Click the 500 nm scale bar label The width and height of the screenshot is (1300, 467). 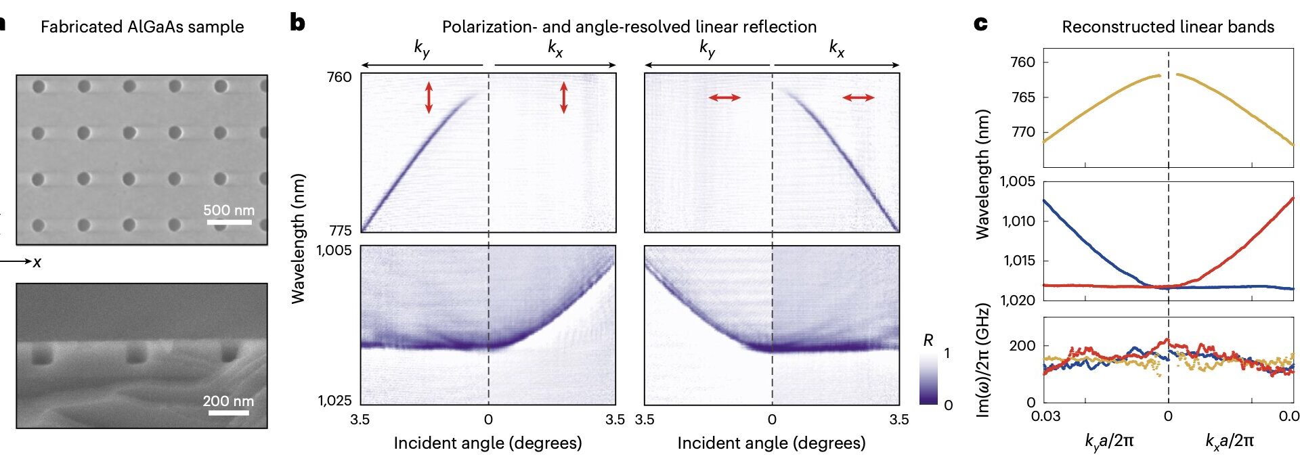(229, 210)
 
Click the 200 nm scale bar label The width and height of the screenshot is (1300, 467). (228, 401)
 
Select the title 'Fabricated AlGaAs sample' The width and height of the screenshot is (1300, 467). (142, 27)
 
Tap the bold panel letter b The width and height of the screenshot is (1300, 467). (297, 24)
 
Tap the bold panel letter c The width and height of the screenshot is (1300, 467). (980, 24)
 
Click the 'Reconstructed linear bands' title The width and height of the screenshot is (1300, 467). (1168, 27)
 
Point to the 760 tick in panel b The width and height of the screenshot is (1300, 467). (339, 77)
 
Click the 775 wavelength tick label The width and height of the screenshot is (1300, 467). (339, 231)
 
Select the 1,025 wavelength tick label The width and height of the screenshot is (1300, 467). (335, 401)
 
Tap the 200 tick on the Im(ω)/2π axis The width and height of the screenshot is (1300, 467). (1022, 346)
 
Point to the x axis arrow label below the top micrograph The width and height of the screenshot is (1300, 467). (37, 262)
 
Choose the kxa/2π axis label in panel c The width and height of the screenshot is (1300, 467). (1229, 441)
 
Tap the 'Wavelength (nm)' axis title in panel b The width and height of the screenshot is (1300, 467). (299, 238)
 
